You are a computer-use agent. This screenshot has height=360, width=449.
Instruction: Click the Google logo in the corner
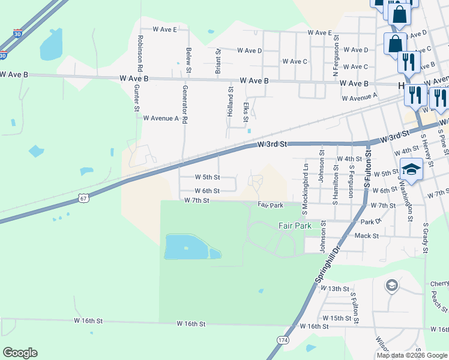[x=20, y=353]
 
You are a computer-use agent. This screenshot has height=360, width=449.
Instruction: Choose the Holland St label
[x=230, y=98]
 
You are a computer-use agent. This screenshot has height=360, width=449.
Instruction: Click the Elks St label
[x=246, y=112]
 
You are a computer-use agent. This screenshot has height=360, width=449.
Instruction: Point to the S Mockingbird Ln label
[x=306, y=185]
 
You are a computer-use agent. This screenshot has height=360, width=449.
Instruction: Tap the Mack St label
[x=366, y=236]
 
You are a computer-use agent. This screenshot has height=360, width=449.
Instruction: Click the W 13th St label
[x=335, y=289]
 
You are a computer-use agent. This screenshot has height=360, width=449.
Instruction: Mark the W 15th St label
[x=337, y=317]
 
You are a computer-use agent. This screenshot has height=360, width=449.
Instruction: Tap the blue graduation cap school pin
[x=411, y=170]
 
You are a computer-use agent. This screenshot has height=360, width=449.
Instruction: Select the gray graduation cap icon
[x=391, y=284]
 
